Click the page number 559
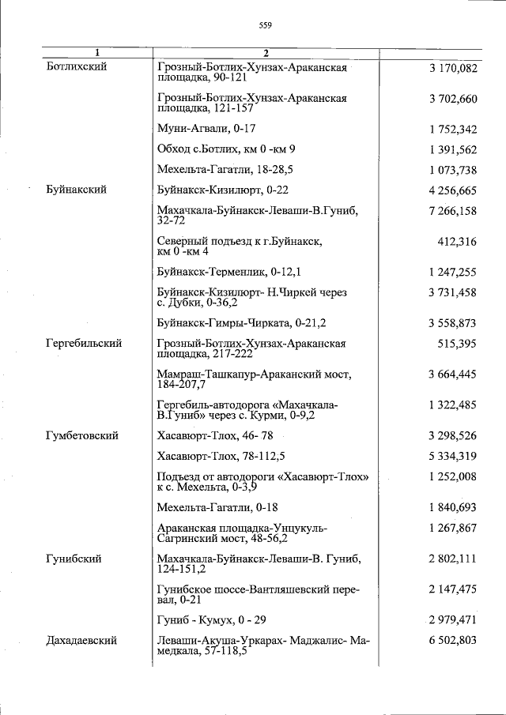tap(265, 25)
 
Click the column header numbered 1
tap(97, 53)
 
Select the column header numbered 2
tap(266, 53)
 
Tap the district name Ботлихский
tap(77, 67)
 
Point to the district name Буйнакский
tap(77, 190)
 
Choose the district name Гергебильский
tap(85, 344)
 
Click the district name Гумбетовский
tap(83, 435)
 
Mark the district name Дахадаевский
tap(82, 641)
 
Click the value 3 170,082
tap(453, 68)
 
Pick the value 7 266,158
tap(453, 211)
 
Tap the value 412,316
tap(457, 242)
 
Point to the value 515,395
tap(457, 344)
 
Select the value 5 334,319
tap(453, 456)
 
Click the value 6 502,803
tap(453, 641)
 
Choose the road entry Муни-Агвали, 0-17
tap(206, 129)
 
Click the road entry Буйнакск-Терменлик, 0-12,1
tap(229, 272)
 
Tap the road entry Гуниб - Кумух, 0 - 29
tap(212, 620)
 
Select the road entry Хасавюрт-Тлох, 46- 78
tap(215, 435)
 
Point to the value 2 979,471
tap(453, 620)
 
